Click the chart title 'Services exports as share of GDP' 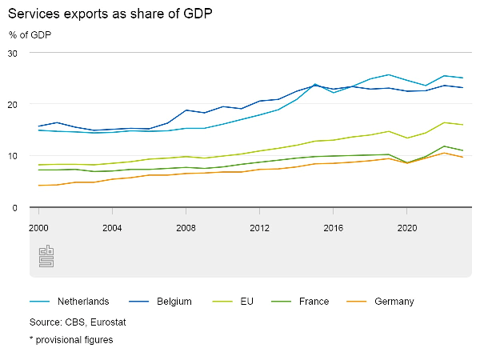click(x=111, y=15)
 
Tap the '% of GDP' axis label click(x=31, y=34)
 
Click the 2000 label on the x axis click(x=38, y=227)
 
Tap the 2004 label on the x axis click(x=112, y=227)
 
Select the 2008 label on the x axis click(x=186, y=227)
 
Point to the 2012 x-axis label click(x=259, y=227)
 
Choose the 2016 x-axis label click(x=333, y=227)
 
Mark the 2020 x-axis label click(x=406, y=227)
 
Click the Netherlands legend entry click(x=82, y=302)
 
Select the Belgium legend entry click(x=174, y=302)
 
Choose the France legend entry click(x=314, y=302)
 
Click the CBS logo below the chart click(x=46, y=257)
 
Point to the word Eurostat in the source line click(x=108, y=322)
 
